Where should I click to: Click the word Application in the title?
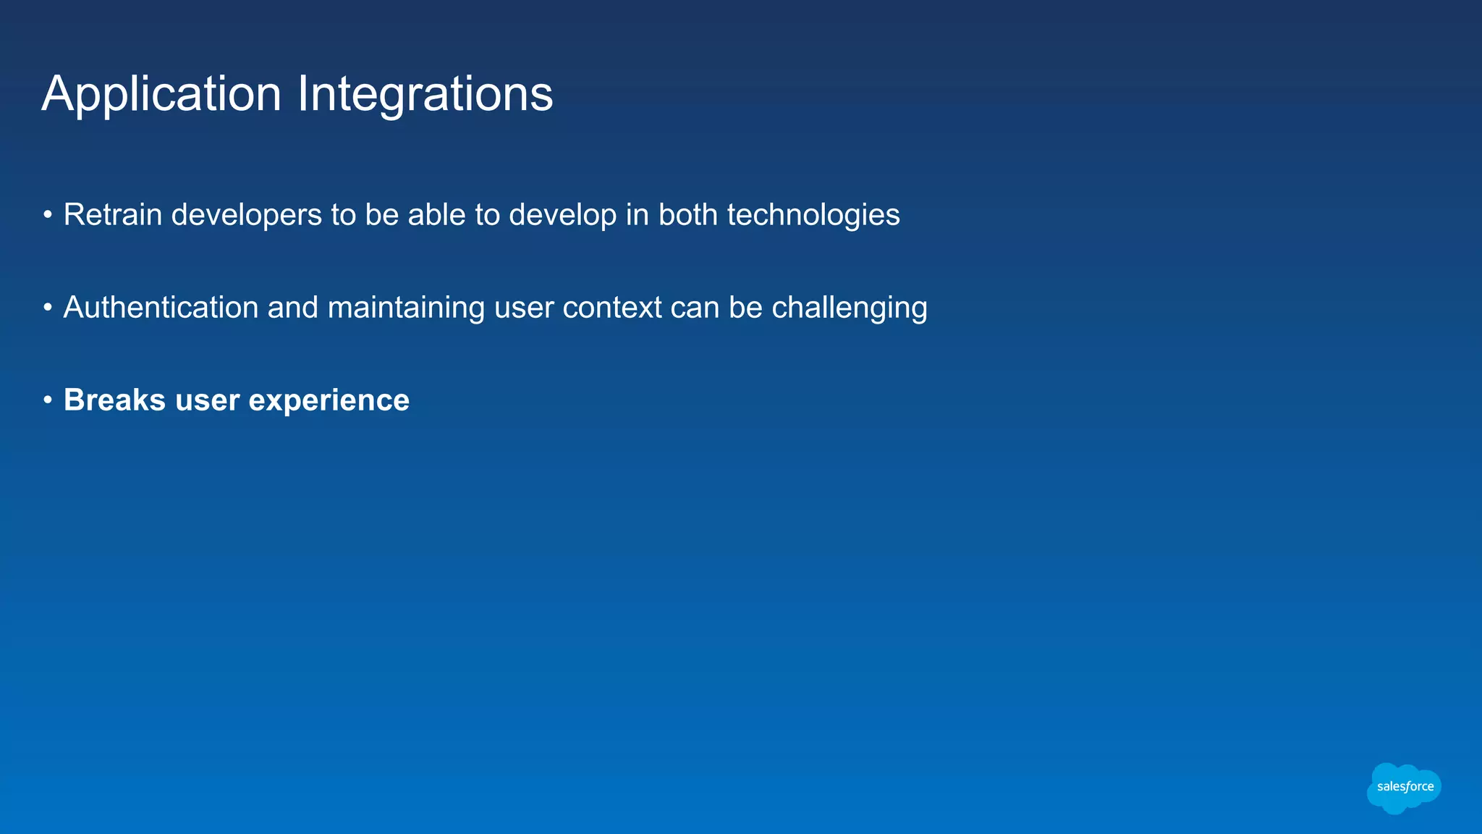click(x=161, y=95)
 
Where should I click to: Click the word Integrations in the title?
click(x=425, y=95)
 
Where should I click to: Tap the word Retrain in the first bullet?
click(x=112, y=215)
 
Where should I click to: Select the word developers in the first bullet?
click(x=246, y=215)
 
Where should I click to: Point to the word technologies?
click(x=813, y=215)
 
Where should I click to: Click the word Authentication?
click(x=161, y=308)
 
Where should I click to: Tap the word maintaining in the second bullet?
click(x=406, y=308)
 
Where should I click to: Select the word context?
click(x=611, y=308)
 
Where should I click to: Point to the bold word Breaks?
click(x=114, y=400)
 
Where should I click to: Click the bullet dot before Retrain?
click(x=48, y=215)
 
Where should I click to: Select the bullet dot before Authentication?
click(x=48, y=308)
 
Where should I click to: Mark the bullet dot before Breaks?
click(x=48, y=400)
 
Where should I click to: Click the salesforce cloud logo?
click(x=1404, y=788)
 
